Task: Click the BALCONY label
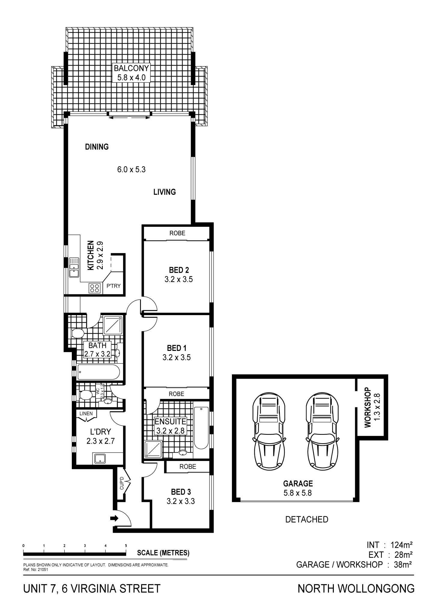[132, 68]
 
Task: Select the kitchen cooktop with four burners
[94, 288]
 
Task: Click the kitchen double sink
[74, 267]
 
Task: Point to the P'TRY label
[113, 286]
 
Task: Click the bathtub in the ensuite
[201, 428]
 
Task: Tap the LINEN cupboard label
[86, 413]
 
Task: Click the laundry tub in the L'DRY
[100, 459]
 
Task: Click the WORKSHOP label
[368, 407]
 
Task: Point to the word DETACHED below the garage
[307, 519]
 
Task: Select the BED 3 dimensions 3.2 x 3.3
[181, 501]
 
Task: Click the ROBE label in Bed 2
[177, 233]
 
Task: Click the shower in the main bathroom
[113, 325]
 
